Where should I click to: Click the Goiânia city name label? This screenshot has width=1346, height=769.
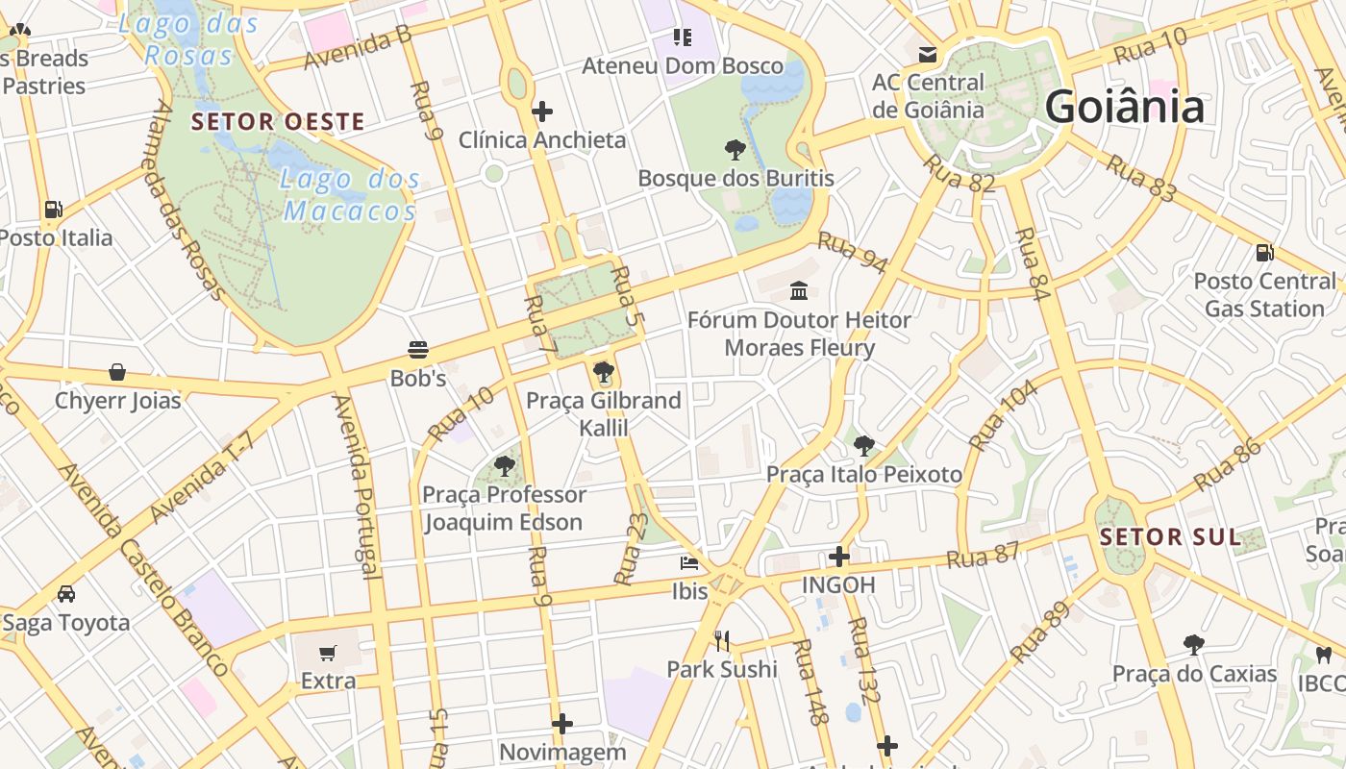coord(1124,106)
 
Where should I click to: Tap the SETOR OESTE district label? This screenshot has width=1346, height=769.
coord(278,122)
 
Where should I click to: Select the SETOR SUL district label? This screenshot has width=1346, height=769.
coord(1170,537)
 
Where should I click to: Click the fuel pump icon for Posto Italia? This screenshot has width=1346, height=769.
coord(53,209)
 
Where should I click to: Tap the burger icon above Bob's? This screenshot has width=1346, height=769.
coord(417,349)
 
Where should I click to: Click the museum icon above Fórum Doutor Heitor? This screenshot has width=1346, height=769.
coord(798,289)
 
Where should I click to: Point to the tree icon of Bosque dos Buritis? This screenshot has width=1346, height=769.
coord(735,149)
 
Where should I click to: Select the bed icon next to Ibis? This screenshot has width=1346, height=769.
coord(689,562)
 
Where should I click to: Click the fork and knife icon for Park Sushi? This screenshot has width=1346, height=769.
coord(722,640)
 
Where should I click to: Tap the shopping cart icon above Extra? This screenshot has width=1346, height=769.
coord(327,653)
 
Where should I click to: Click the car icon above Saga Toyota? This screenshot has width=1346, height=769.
coord(65,593)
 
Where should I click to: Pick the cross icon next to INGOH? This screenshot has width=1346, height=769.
coord(839,556)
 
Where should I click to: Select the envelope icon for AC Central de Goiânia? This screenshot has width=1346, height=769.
coord(927,54)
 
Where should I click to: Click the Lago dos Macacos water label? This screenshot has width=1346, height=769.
coord(351,194)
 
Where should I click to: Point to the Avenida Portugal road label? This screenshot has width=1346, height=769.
coord(354,485)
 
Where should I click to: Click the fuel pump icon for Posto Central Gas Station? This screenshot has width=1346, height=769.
coord(1264,253)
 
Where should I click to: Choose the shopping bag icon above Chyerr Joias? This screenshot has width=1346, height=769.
coord(117,371)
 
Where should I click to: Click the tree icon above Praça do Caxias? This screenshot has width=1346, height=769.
coord(1193,644)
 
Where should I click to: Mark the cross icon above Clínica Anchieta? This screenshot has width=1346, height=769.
coord(541,112)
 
